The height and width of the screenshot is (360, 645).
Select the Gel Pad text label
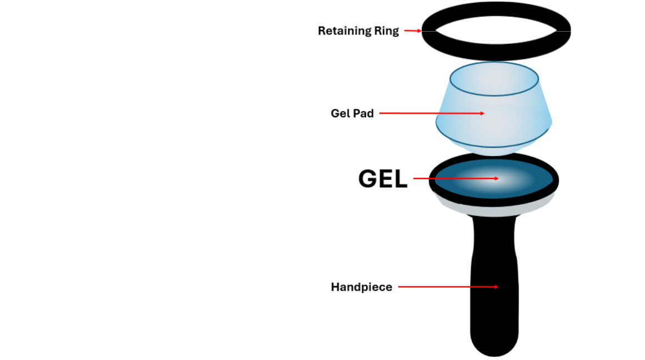(x=352, y=114)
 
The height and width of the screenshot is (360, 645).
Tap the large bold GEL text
(x=383, y=179)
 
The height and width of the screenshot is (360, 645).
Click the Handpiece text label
(x=362, y=287)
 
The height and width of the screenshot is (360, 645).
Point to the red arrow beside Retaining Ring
(x=412, y=31)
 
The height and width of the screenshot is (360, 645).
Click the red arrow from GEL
(x=456, y=178)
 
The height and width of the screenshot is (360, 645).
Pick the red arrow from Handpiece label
(x=448, y=287)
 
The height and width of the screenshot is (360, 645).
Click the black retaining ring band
(x=496, y=54)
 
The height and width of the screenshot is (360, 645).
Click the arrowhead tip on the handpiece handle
(x=497, y=287)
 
